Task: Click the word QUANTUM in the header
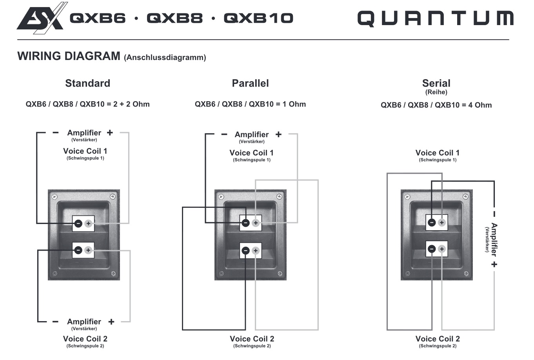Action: (x=435, y=18)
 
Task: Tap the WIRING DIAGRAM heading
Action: (x=69, y=56)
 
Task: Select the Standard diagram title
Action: (x=87, y=83)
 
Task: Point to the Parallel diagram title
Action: (x=250, y=83)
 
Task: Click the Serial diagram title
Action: (x=436, y=83)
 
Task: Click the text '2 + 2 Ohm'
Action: (x=131, y=104)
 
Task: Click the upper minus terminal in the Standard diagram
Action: (x=78, y=224)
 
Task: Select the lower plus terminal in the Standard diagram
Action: (x=88, y=250)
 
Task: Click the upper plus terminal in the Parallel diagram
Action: (x=256, y=223)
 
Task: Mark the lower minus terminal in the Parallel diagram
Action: (x=245, y=251)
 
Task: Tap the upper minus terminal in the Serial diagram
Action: (x=432, y=223)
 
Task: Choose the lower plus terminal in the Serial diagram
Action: (x=442, y=249)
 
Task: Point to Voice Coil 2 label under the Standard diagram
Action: (x=85, y=339)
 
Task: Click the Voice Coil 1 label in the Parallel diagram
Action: (x=251, y=153)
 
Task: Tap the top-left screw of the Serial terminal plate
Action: (x=407, y=196)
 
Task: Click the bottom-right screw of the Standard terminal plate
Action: (x=113, y=273)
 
